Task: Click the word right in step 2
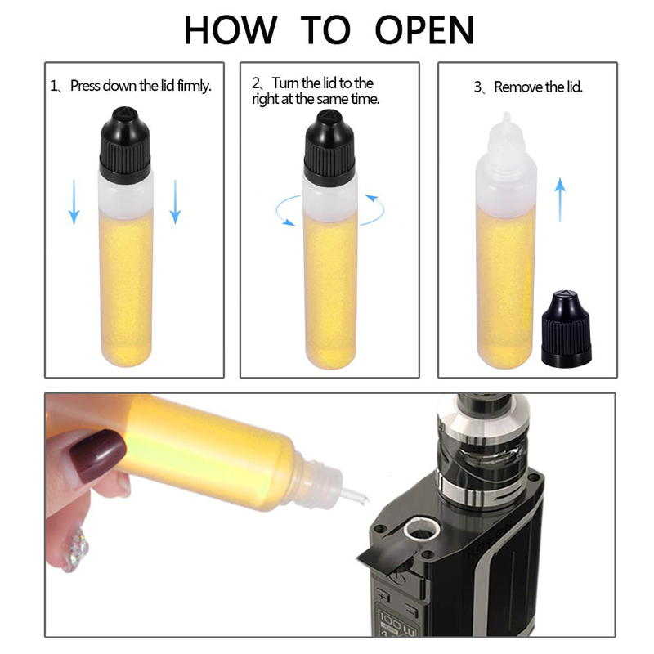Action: pos(266,99)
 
